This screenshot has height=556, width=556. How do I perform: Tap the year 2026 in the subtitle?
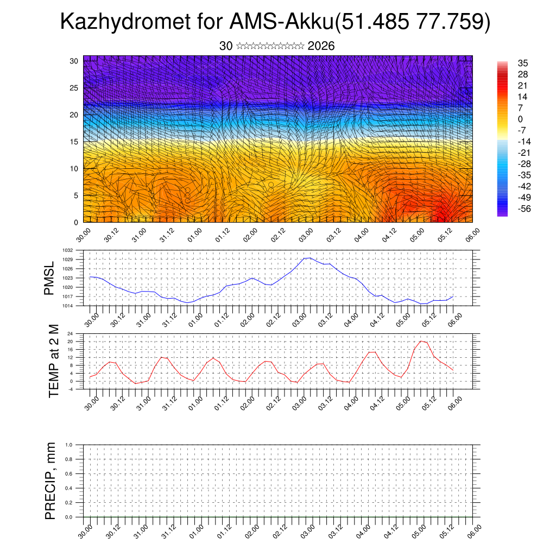321,46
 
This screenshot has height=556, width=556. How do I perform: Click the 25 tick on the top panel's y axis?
74,87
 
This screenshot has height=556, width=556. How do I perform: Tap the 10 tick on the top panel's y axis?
74,168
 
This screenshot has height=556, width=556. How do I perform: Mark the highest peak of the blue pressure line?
308,258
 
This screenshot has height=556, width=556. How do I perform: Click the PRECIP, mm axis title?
50,481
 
